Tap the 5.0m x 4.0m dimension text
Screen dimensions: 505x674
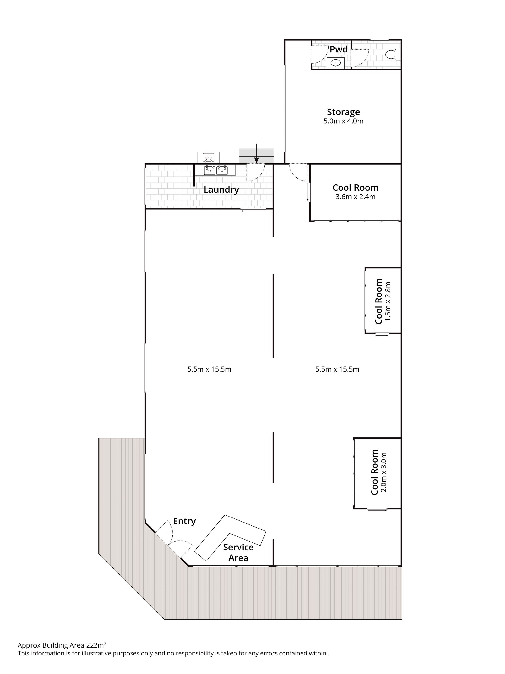coord(343,121)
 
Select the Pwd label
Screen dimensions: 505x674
coord(338,49)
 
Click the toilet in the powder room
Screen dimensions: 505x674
coord(392,55)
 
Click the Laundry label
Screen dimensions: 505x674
coord(221,190)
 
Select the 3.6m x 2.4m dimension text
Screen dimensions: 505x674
coord(355,197)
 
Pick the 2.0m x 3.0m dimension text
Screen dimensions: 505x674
coord(384,472)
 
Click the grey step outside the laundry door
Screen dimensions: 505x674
coord(256,156)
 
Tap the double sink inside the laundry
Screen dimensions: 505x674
coord(215,170)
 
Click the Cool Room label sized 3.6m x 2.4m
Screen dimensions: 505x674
coord(355,188)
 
